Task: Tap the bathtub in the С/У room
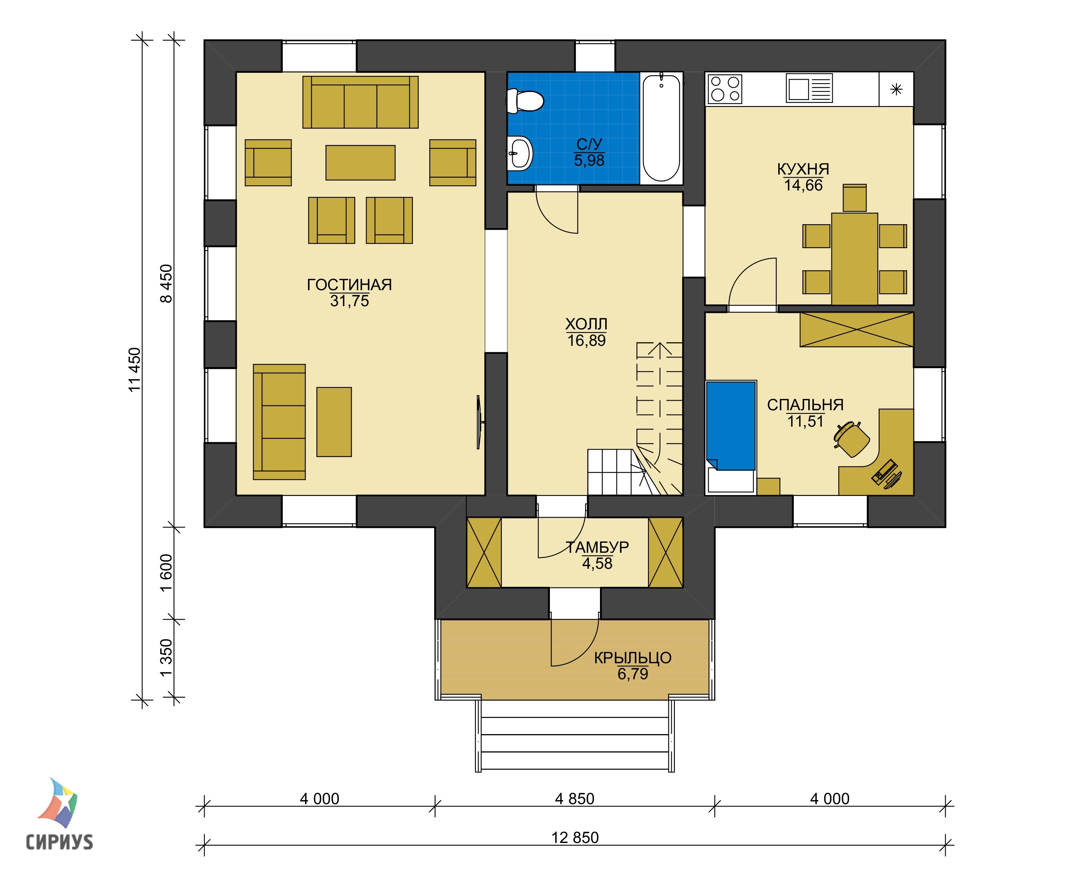click(661, 128)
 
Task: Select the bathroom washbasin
click(520, 153)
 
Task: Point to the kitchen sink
click(809, 88)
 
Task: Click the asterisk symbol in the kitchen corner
click(896, 90)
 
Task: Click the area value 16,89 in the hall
click(586, 341)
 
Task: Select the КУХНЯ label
click(803, 169)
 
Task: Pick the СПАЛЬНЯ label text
click(805, 405)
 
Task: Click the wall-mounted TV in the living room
click(480, 422)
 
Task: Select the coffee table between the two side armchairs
click(360, 163)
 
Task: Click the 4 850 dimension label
click(574, 799)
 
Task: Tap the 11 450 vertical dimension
click(134, 369)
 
